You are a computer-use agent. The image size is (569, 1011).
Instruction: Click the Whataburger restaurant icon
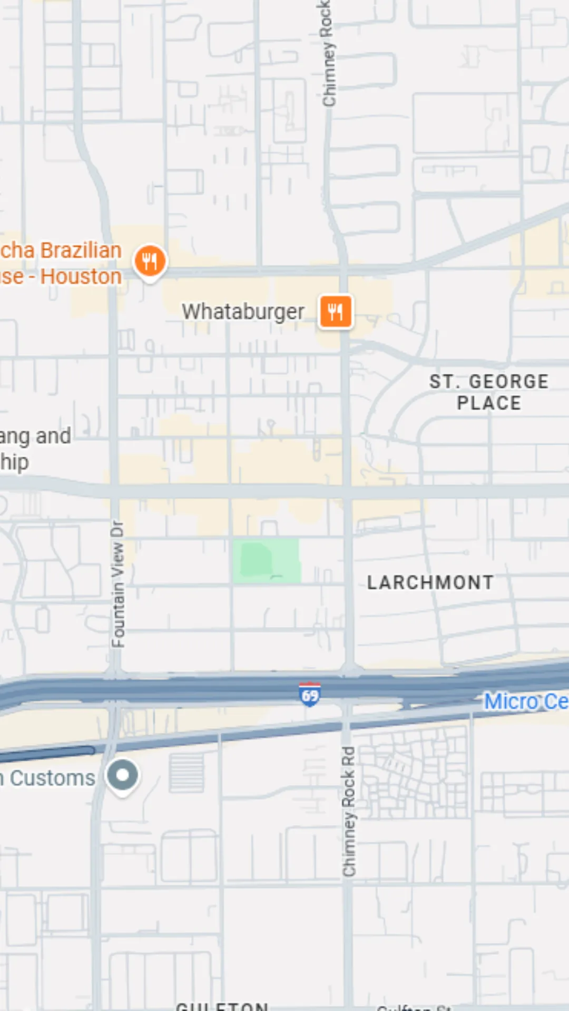pyautogui.click(x=336, y=311)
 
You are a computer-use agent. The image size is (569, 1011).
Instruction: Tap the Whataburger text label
pyautogui.click(x=243, y=312)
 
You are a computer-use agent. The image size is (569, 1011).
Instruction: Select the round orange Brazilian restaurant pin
pyautogui.click(x=150, y=261)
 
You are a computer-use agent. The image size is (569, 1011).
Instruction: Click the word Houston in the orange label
pyautogui.click(x=81, y=276)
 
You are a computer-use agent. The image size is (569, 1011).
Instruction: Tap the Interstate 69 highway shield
pyautogui.click(x=310, y=695)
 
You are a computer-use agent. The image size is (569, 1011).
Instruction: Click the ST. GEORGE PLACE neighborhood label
pyautogui.click(x=489, y=392)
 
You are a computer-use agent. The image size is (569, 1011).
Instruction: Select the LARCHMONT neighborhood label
pyautogui.click(x=430, y=582)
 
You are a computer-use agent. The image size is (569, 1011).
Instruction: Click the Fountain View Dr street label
pyautogui.click(x=118, y=584)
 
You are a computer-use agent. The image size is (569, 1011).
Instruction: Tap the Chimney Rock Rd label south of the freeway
pyautogui.click(x=348, y=811)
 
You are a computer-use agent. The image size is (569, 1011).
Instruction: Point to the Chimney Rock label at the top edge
pyautogui.click(x=328, y=53)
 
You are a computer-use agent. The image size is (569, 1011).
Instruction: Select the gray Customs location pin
pyautogui.click(x=123, y=776)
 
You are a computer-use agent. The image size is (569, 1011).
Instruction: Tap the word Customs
pyautogui.click(x=53, y=778)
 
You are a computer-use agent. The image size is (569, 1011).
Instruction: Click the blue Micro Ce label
pyautogui.click(x=526, y=701)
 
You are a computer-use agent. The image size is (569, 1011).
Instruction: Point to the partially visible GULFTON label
pyautogui.click(x=222, y=1006)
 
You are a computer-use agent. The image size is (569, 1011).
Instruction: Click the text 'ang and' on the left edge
pyautogui.click(x=36, y=436)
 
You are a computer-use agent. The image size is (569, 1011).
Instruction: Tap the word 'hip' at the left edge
pyautogui.click(x=14, y=462)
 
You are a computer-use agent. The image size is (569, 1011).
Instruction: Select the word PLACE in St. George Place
pyautogui.click(x=489, y=403)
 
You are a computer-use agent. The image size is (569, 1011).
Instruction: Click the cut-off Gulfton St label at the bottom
pyautogui.click(x=414, y=1007)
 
